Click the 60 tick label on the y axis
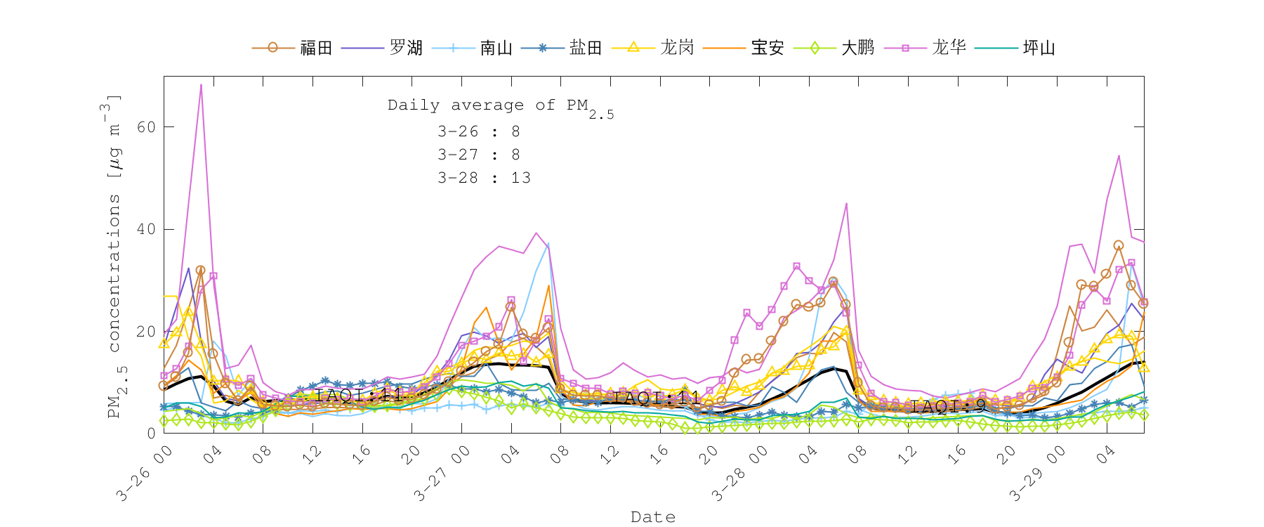tap(146, 127)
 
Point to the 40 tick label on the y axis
tap(146, 229)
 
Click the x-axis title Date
tap(653, 517)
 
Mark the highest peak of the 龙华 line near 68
tap(201, 85)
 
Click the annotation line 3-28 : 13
tap(484, 178)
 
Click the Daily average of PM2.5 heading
tap(500, 107)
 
